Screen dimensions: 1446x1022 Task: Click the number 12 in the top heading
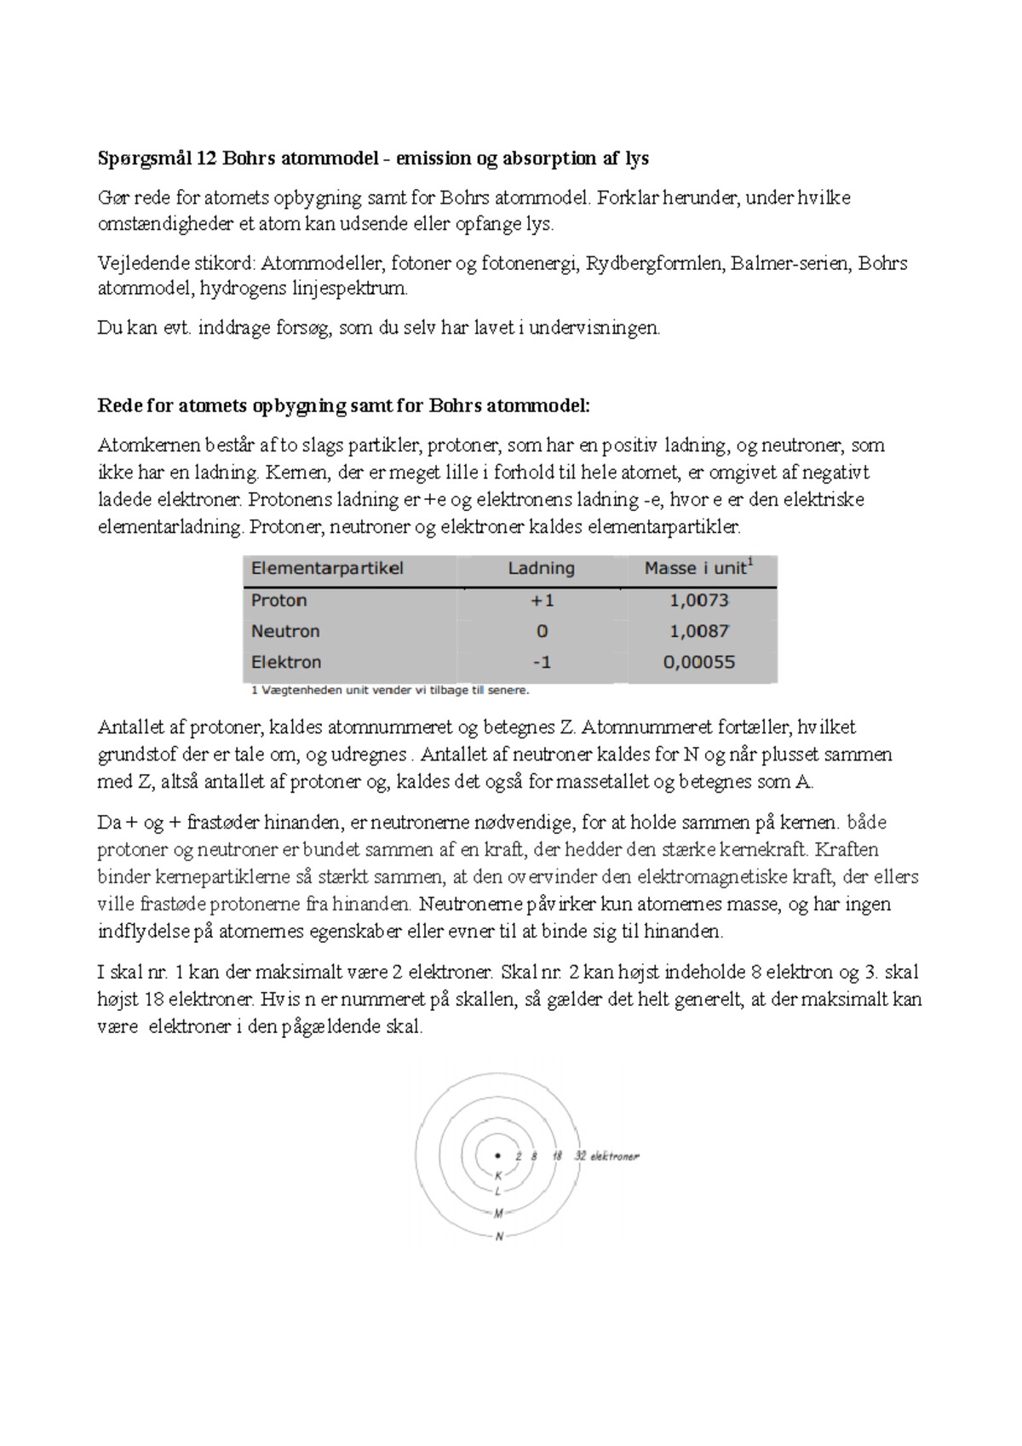[206, 158]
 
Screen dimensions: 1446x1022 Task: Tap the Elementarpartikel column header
[327, 569]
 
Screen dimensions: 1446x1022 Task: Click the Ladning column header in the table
[541, 569]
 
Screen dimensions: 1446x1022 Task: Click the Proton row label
[278, 600]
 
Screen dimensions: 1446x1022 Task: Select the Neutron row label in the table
[285, 631]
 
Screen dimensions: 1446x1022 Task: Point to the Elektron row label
[286, 662]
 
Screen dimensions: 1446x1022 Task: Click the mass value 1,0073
[698, 600]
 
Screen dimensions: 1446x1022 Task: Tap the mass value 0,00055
[698, 662]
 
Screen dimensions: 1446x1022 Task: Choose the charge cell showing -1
[542, 662]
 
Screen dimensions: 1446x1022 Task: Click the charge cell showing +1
[542, 600]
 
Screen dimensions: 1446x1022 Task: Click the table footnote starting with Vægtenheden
[390, 691]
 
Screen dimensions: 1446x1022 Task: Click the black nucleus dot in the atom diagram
[498, 1156]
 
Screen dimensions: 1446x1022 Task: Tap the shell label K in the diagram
[498, 1176]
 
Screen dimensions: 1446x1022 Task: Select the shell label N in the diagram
[499, 1237]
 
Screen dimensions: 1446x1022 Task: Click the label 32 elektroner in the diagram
[606, 1156]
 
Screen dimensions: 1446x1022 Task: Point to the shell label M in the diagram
[498, 1214]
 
